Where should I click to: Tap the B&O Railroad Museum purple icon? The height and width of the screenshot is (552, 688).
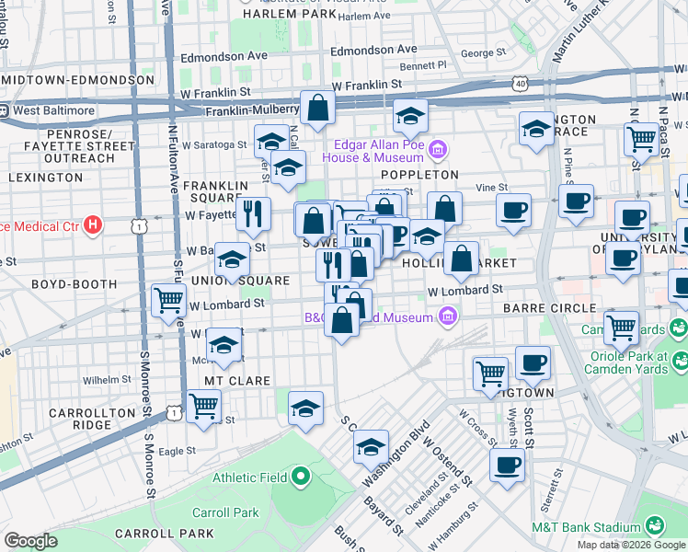(448, 317)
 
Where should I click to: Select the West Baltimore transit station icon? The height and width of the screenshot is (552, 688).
(5, 110)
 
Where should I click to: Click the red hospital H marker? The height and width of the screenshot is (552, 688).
(91, 224)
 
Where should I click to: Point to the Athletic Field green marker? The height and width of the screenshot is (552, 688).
(302, 478)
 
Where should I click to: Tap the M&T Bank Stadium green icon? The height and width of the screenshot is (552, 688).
(655, 525)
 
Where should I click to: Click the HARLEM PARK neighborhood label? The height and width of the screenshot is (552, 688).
(288, 15)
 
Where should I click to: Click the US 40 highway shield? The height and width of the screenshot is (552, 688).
(522, 83)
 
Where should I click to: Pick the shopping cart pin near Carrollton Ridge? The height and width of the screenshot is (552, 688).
(203, 405)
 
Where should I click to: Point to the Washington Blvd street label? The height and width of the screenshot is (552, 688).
(396, 454)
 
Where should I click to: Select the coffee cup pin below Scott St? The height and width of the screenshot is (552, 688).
(507, 465)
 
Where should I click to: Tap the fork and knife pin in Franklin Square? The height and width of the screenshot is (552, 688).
(254, 214)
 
